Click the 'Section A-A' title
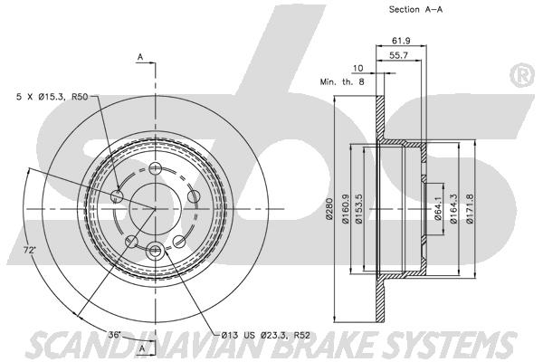(x=415, y=10)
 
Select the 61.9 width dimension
(x=401, y=41)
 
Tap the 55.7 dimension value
(x=398, y=55)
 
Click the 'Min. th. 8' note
(x=342, y=82)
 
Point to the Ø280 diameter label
(x=329, y=209)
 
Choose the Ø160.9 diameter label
(x=346, y=208)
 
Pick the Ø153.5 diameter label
(x=358, y=208)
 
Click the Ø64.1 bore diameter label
(x=438, y=208)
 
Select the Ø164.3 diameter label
(x=454, y=208)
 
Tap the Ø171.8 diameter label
(x=470, y=208)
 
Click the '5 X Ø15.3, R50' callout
(x=52, y=97)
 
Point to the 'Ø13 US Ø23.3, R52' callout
(x=265, y=335)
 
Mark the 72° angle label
(x=30, y=250)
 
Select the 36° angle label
(x=114, y=335)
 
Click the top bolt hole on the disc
(x=155, y=169)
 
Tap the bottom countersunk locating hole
(x=155, y=250)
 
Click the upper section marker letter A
(x=140, y=57)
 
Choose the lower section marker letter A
(x=142, y=349)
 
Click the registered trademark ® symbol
(x=522, y=75)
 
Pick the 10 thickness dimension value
(x=357, y=68)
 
